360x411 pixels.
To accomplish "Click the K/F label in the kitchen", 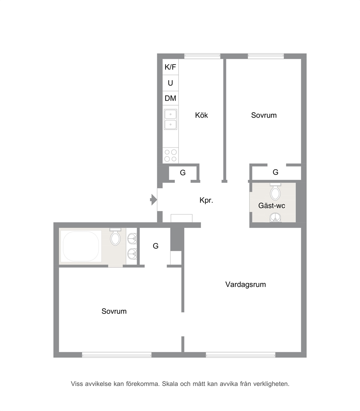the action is [x=170, y=67].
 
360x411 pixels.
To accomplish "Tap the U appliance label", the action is [x=170, y=83].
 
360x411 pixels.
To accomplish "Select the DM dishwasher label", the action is [x=170, y=98].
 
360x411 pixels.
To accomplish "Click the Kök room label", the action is [x=201, y=115].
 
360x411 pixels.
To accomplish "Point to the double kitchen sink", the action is [x=170, y=119].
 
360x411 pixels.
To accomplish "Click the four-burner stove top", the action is [x=171, y=155].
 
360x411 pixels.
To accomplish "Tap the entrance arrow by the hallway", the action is [x=154, y=200].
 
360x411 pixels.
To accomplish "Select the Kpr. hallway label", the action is [x=206, y=200].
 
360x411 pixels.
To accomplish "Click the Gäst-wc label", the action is [x=272, y=206].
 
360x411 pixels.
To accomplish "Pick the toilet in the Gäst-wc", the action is [x=275, y=192].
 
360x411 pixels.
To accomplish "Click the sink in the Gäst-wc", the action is [x=275, y=217].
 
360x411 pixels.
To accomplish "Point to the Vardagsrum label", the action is [x=245, y=284].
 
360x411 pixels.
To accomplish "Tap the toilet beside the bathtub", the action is [x=115, y=237].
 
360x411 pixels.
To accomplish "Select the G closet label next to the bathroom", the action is [x=156, y=246].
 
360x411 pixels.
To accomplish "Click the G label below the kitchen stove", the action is [x=183, y=173].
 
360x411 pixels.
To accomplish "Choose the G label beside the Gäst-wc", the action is [x=275, y=172].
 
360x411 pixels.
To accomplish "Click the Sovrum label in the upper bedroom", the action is [x=264, y=115].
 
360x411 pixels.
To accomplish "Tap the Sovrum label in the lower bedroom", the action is [x=114, y=311].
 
